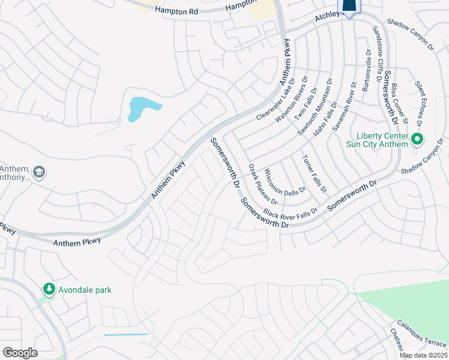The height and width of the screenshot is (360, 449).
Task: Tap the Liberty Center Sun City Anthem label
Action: [x=377, y=139]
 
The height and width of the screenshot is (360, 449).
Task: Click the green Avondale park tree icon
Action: [x=49, y=289]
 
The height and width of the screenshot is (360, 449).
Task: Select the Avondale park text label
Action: [x=85, y=290]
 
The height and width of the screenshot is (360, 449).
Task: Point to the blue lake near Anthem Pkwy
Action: [x=143, y=109]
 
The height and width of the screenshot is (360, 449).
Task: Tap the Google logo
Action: [x=20, y=353]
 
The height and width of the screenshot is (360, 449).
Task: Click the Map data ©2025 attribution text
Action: [x=423, y=355]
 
